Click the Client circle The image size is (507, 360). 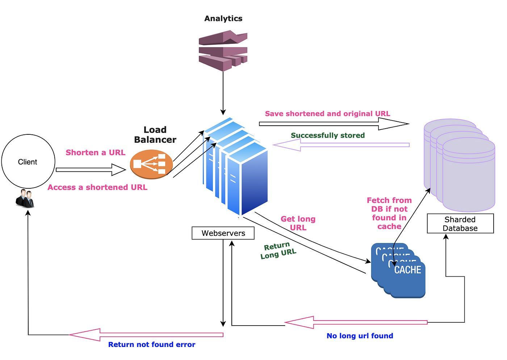28,162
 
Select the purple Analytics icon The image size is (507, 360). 223,50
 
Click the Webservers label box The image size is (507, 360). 223,233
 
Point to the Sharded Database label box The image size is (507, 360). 460,223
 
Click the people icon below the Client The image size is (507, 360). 25,198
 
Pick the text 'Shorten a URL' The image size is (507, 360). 95,152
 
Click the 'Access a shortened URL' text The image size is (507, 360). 97,187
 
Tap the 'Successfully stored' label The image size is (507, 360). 328,135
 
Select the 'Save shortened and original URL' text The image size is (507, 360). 327,114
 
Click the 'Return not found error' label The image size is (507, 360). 152,344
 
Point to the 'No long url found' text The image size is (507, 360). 360,336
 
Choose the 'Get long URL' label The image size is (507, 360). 298,223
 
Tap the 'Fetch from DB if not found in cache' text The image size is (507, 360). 389,213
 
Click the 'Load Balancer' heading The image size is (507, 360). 155,135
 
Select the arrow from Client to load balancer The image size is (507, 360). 91,169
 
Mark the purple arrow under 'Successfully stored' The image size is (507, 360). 341,145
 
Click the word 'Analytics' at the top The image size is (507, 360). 223,18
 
